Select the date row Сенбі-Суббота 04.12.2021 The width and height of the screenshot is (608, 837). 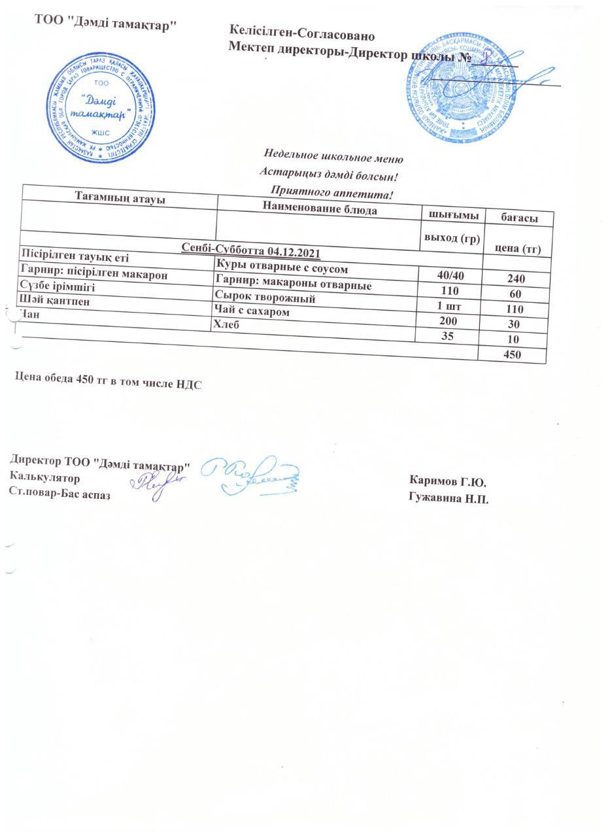pos(250,252)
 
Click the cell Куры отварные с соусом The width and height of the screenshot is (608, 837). pos(284,269)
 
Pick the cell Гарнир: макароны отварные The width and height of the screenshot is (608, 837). pos(293,285)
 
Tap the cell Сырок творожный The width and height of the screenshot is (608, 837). pos(265,298)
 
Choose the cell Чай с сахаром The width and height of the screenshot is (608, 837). pos(252,312)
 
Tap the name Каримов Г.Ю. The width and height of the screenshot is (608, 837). pos(447,483)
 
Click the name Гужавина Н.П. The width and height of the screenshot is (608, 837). pos(448,499)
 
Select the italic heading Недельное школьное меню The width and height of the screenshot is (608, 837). pos(333,157)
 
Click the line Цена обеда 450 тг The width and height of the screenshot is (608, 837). pos(108,384)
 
